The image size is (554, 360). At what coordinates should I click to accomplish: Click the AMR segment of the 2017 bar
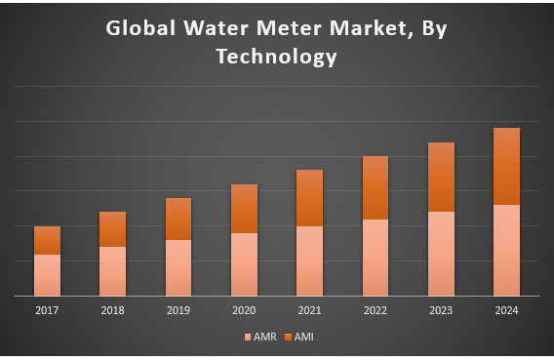click(47, 274)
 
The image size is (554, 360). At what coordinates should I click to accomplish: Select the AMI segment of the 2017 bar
click(47, 240)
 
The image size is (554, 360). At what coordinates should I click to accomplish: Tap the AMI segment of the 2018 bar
click(112, 229)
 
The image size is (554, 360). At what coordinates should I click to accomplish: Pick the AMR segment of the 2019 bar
click(178, 267)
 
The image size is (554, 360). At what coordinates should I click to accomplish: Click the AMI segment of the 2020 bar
click(244, 209)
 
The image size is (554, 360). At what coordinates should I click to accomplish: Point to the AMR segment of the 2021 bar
click(309, 260)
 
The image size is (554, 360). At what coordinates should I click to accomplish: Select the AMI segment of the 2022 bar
click(376, 187)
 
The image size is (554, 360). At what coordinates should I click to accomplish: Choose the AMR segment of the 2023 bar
click(441, 253)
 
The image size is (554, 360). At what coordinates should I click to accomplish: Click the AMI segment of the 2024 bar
click(506, 166)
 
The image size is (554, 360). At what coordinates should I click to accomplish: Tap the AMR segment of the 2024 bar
click(506, 250)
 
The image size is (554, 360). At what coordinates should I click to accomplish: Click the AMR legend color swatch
click(247, 338)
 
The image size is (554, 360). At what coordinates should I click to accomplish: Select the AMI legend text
click(303, 338)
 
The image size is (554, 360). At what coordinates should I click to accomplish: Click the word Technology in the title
click(277, 57)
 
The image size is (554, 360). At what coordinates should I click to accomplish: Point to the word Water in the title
click(207, 28)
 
